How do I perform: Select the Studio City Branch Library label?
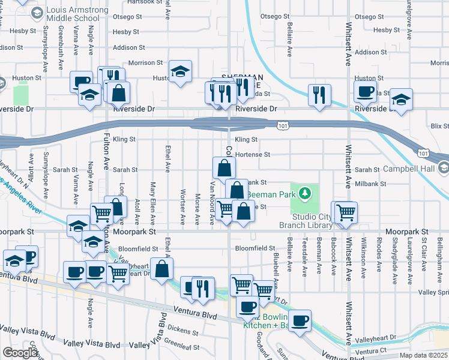pos(304,220)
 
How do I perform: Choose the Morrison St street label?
pos(145,62)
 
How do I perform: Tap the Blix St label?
pos(439,126)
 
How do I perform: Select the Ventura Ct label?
pos(370,351)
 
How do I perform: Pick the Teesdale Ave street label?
pos(305,262)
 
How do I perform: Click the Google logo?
pos(19,353)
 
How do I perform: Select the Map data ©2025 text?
pos(423,355)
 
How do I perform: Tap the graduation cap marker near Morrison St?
pos(179,72)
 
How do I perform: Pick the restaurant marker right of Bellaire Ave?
pos(319,94)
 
